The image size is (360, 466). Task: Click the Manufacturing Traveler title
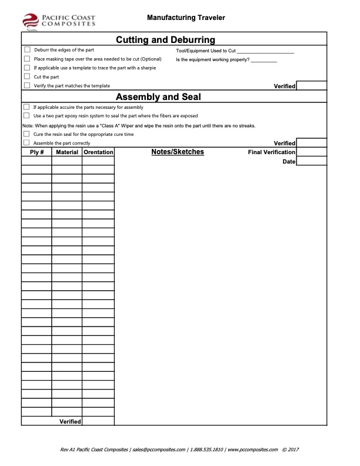click(186, 18)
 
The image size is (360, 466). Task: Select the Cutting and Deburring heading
click(165, 40)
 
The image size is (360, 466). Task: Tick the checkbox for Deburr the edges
click(26, 50)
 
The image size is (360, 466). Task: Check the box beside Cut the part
click(26, 76)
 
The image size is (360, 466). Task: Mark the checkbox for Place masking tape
click(26, 59)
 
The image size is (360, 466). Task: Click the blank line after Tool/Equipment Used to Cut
click(264, 51)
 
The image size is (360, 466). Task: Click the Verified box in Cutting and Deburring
click(311, 86)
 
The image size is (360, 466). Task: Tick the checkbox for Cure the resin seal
click(26, 134)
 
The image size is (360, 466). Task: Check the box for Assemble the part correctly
click(26, 143)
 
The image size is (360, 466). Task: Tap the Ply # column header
click(36, 152)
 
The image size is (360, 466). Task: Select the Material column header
click(66, 152)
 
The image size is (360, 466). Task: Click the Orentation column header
click(98, 152)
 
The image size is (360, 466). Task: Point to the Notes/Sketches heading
click(178, 152)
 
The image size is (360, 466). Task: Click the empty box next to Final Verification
click(311, 152)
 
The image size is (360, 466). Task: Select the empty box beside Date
click(311, 161)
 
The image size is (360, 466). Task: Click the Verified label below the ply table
click(70, 421)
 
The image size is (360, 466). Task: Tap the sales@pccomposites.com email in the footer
click(159, 450)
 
